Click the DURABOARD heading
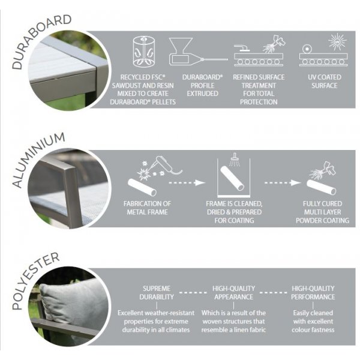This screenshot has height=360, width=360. (41, 41)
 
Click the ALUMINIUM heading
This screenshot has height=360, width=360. (38, 160)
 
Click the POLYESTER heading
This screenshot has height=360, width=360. (35, 281)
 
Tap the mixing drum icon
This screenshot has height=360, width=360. (144, 52)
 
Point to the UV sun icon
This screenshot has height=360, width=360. (337, 41)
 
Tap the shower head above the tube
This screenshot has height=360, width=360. (234, 159)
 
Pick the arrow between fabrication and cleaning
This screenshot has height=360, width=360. (187, 183)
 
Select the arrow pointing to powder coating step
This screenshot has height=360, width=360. (283, 183)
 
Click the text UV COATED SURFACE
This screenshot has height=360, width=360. (324, 81)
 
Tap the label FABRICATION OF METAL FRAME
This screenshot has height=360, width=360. (147, 208)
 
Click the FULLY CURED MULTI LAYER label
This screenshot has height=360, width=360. (322, 208)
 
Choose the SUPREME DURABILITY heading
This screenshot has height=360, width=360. (157, 293)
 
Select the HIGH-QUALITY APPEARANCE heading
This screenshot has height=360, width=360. (234, 293)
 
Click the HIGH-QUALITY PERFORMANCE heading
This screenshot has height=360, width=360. (313, 293)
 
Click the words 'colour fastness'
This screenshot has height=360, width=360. (313, 330)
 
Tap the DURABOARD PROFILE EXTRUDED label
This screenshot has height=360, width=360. (203, 85)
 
